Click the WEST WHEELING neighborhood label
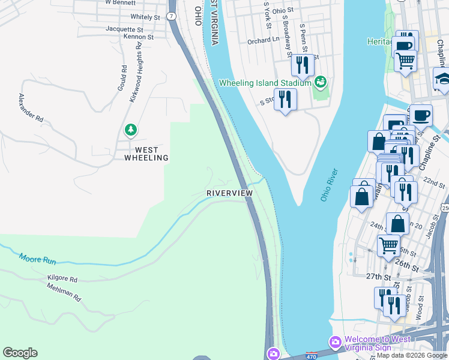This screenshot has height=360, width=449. point(146,154)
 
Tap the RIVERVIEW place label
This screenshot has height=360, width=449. point(229,193)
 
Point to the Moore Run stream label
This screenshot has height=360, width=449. point(37,259)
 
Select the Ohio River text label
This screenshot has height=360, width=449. point(330,185)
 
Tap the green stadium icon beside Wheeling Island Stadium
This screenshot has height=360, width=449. point(321,81)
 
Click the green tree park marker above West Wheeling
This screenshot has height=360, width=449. point(130,130)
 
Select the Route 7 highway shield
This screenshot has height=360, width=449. point(172,16)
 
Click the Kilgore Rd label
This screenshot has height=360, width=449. point(62,279)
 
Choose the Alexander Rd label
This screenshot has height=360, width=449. point(31,108)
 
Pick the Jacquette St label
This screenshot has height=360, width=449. point(124,29)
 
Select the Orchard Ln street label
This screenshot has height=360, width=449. point(264,41)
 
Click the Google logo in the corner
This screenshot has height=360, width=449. point(20,353)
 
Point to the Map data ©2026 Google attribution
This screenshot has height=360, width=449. point(412,355)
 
